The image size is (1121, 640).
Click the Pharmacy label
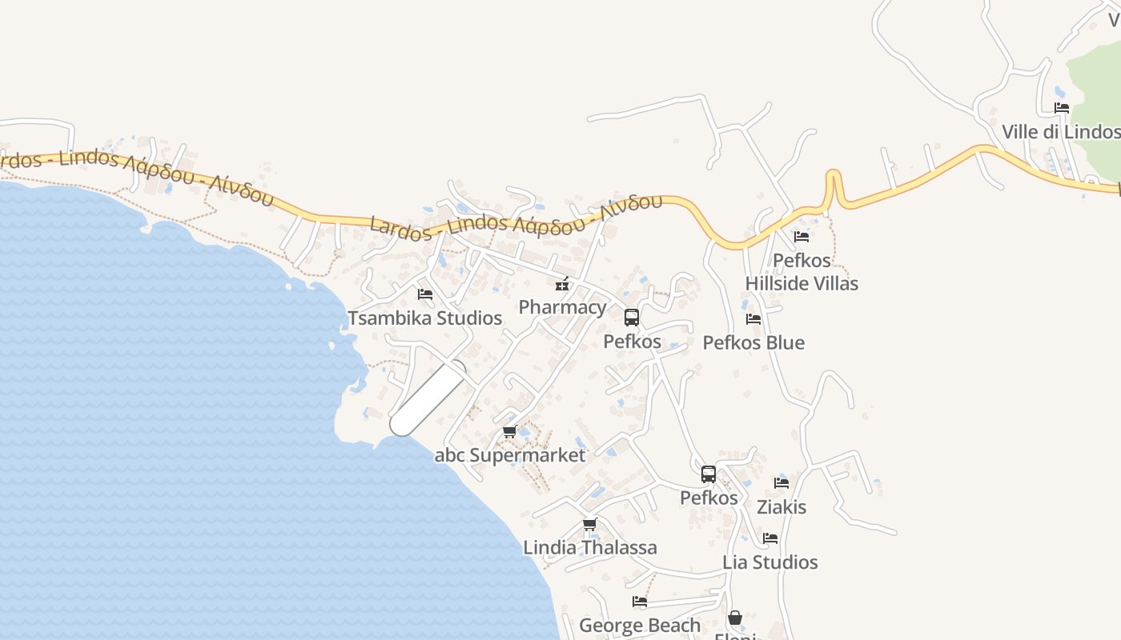(x=562, y=307)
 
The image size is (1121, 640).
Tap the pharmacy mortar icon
(x=562, y=284)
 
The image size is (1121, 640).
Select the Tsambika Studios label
(x=424, y=318)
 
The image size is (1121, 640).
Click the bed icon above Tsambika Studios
(x=425, y=294)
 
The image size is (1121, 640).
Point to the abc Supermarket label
(x=510, y=455)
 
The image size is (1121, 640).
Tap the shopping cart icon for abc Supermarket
(x=509, y=432)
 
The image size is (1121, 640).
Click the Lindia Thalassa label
(x=590, y=547)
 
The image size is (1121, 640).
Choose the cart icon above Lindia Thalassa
(x=590, y=525)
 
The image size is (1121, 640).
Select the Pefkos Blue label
(x=753, y=342)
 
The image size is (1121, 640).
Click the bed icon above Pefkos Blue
(x=753, y=319)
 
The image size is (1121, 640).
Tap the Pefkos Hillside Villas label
(x=802, y=272)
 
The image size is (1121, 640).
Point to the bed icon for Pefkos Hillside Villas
(x=802, y=237)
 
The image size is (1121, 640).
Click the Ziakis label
(x=781, y=506)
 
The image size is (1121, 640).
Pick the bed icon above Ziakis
(x=781, y=483)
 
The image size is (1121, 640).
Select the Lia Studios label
(x=770, y=562)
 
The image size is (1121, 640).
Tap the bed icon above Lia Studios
(x=770, y=538)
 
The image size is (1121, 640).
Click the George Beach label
(x=640, y=625)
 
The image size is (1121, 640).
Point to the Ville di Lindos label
(x=1061, y=131)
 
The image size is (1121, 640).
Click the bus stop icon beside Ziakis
(x=709, y=474)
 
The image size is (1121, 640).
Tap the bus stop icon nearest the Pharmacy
(x=632, y=318)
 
